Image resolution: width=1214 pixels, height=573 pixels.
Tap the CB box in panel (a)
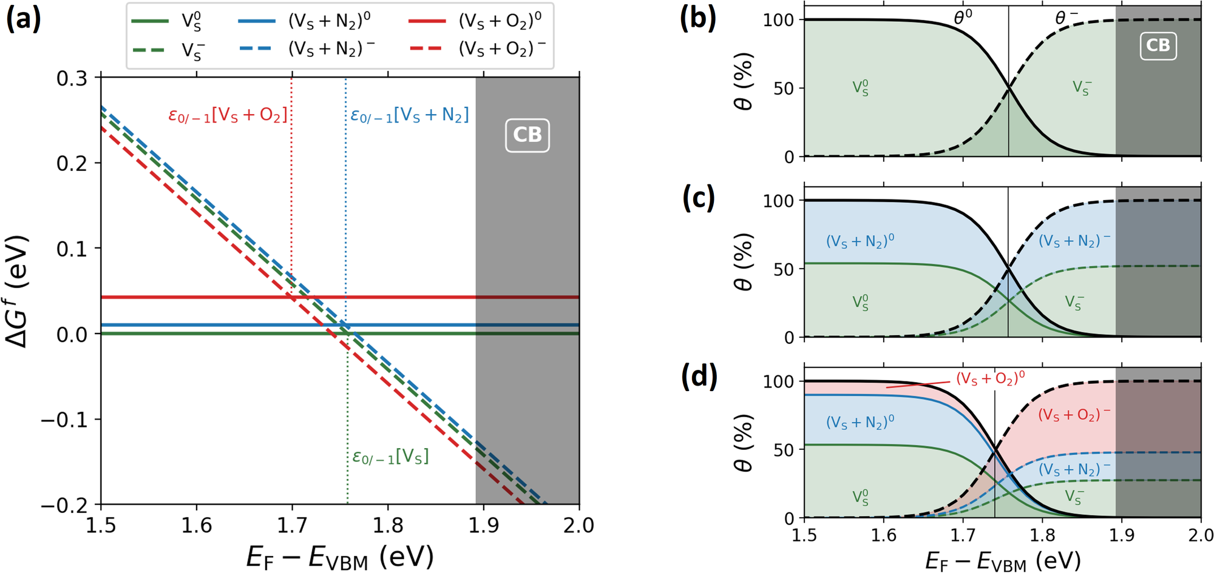527,135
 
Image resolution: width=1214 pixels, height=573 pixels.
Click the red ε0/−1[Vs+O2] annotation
228,115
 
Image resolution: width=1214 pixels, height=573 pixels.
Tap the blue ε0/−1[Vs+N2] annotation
410,115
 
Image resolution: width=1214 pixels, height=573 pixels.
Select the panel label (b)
698,18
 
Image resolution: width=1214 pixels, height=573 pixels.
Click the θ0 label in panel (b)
963,18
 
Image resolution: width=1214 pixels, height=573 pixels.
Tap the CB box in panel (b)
1158,45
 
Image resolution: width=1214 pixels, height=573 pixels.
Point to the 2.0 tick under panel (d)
1200,535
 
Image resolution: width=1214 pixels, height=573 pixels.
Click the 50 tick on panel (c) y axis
784,269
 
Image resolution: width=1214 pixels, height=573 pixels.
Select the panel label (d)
698,377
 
